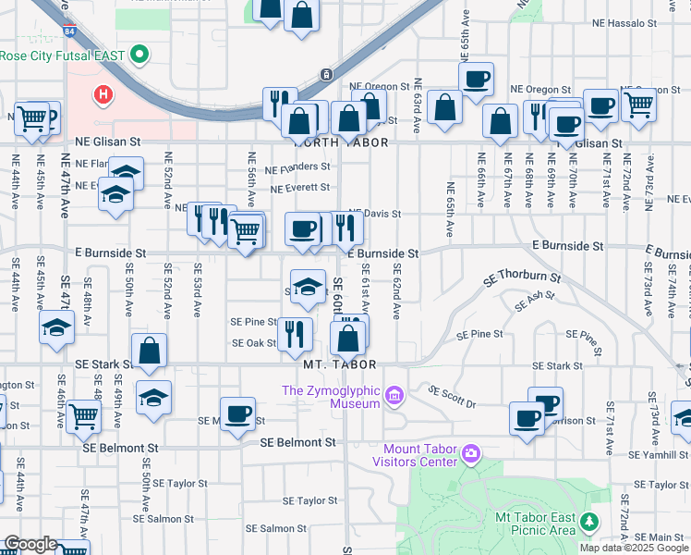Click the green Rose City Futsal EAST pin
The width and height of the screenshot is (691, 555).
pyautogui.click(x=140, y=55)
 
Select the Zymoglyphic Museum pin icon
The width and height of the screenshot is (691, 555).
pyautogui.click(x=395, y=397)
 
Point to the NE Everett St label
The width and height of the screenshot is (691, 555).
pyautogui.click(x=299, y=188)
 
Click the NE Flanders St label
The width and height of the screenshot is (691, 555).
pyautogui.click(x=297, y=167)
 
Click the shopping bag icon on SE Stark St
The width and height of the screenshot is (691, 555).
pyautogui.click(x=149, y=351)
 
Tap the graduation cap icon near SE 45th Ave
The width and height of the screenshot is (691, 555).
pyautogui.click(x=56, y=327)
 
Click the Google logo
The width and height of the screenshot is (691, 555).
pyautogui.click(x=30, y=545)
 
